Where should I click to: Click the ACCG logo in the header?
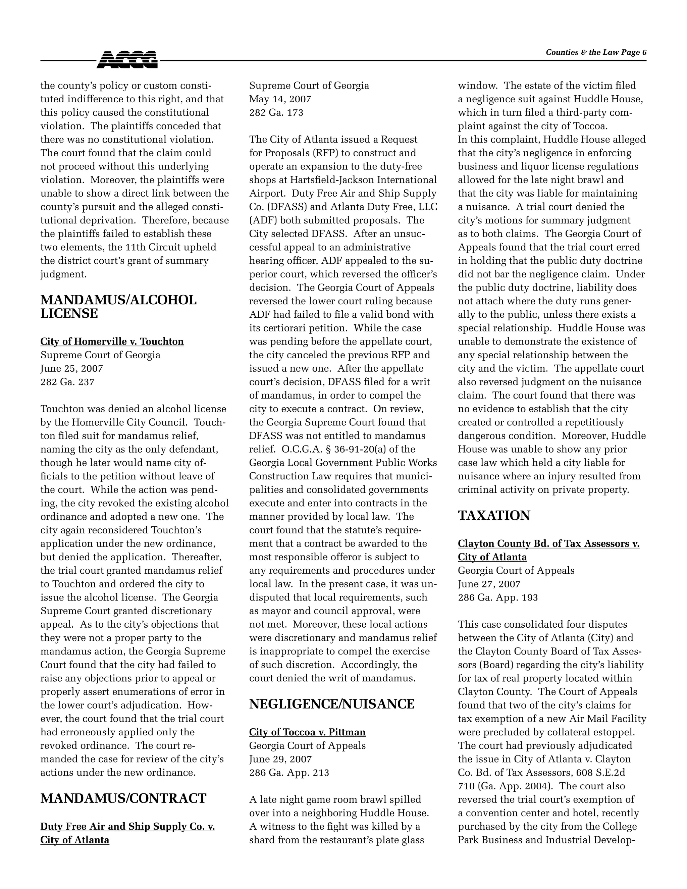point(127,60)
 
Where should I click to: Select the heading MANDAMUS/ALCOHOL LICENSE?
point(118,307)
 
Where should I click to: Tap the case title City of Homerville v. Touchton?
point(112,342)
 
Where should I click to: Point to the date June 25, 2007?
point(72,368)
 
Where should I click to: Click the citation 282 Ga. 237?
point(67,382)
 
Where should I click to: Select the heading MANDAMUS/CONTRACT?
point(123,798)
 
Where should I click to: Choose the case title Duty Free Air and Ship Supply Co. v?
point(127,826)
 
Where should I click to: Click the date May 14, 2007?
point(280,99)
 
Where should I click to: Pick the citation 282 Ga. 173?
point(276,112)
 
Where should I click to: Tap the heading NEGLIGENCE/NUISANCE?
point(332,704)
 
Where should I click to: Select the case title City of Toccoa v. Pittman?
point(307,732)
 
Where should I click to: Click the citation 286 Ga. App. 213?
point(289,773)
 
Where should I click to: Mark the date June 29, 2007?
point(280,759)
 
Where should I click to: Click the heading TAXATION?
point(494,515)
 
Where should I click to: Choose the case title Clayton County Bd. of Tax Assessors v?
point(548,543)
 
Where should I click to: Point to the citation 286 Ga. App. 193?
point(498,597)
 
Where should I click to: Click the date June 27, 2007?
point(489,584)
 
